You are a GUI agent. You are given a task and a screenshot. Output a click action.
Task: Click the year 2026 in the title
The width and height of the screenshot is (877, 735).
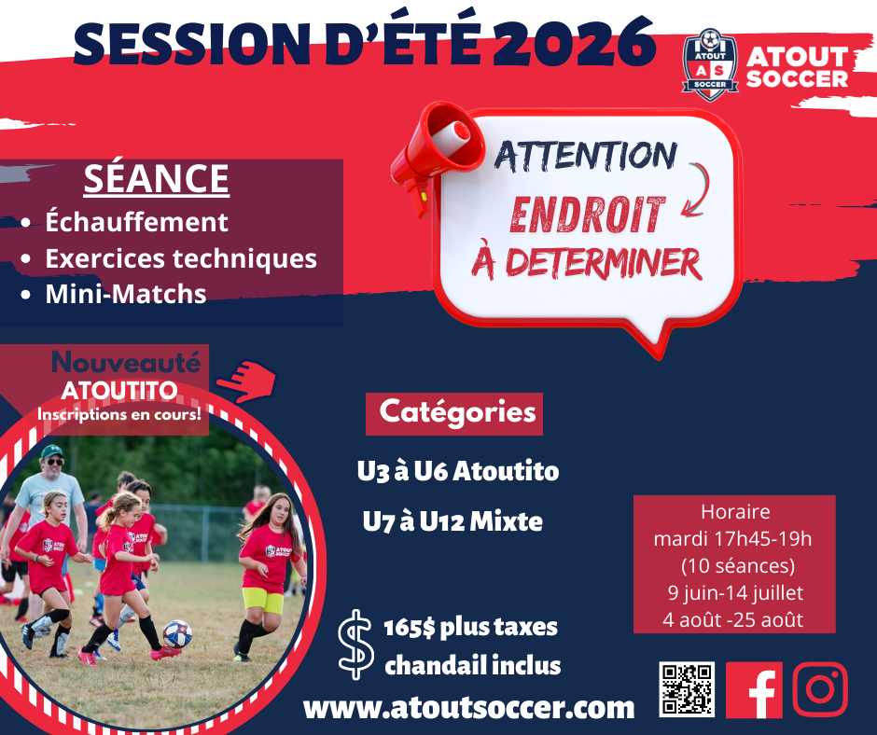click(575, 42)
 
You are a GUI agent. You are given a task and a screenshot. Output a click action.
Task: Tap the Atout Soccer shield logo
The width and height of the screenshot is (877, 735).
click(710, 65)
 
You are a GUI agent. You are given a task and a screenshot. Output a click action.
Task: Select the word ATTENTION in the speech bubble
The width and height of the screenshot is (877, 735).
click(586, 156)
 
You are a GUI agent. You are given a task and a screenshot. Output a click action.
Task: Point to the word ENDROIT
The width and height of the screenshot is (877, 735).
click(587, 215)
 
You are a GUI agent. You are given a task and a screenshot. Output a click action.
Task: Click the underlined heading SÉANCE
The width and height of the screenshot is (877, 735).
click(157, 179)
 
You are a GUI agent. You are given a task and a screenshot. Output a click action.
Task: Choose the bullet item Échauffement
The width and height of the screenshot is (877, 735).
click(136, 221)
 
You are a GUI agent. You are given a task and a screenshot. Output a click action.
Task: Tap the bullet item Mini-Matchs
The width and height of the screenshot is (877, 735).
click(126, 294)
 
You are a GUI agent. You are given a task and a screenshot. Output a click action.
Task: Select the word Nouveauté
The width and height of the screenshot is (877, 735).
click(126, 362)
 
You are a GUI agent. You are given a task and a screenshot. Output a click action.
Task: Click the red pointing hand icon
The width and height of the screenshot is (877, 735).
click(246, 381)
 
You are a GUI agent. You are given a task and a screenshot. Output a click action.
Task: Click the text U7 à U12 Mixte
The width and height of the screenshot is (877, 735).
click(452, 522)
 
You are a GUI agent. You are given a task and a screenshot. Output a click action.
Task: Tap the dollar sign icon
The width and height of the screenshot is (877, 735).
click(355, 645)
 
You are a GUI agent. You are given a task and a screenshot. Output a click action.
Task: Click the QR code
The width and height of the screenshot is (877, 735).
click(687, 689)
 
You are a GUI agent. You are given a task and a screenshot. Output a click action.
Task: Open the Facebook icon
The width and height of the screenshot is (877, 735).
click(754, 689)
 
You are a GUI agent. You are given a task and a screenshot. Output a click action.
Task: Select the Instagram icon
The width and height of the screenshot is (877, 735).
click(820, 689)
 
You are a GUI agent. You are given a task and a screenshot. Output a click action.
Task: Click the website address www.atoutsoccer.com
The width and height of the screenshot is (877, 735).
click(468, 708)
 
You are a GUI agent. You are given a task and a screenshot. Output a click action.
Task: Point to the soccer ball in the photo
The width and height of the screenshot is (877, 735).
click(177, 633)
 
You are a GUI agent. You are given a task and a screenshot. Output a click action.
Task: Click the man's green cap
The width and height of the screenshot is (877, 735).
click(51, 451)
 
